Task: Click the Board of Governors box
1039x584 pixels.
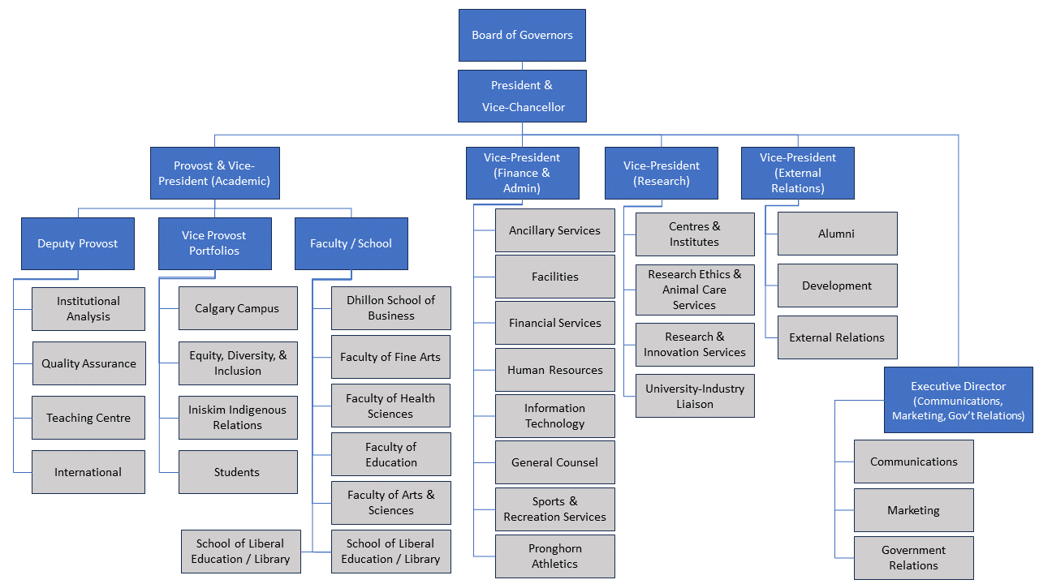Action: coord(522,35)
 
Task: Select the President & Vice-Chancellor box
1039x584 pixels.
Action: coord(522,96)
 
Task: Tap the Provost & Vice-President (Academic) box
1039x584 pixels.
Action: coord(214,173)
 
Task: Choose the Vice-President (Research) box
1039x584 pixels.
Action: coord(661,173)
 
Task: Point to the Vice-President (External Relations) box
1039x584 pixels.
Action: coord(797,173)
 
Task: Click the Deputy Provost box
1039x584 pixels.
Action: coord(78,243)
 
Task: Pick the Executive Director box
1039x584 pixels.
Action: coord(958,401)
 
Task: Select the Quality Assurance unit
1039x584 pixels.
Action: coord(88,363)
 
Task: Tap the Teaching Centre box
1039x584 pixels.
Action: coord(88,418)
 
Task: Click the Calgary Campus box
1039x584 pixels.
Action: coord(237,308)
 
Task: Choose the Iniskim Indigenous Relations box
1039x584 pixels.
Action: coord(237,418)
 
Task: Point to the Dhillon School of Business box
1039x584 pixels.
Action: coord(390,308)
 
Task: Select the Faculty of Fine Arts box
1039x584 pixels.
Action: coord(390,357)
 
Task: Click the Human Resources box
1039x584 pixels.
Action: coord(555,370)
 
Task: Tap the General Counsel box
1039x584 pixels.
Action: coord(555,462)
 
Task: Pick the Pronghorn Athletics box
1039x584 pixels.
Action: coord(555,556)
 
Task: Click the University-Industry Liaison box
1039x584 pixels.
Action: coord(695,396)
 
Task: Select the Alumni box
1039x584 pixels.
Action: coord(837,234)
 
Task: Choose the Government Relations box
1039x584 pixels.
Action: coord(913,557)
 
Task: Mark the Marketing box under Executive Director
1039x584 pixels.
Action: coord(913,510)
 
